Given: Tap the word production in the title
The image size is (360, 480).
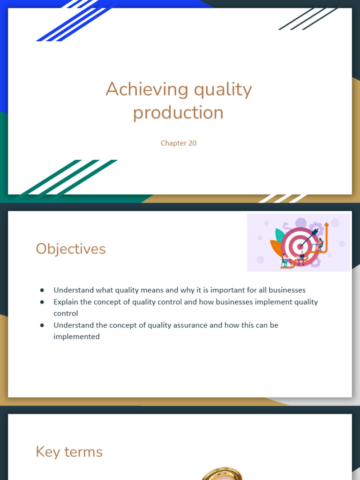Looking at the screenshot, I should click(x=178, y=112).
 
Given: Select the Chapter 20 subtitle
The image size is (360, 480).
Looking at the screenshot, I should click(x=179, y=143).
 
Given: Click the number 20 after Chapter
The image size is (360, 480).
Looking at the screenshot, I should click(x=192, y=143).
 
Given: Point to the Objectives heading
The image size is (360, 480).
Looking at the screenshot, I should click(x=71, y=248).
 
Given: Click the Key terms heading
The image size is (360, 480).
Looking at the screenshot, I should click(x=69, y=452).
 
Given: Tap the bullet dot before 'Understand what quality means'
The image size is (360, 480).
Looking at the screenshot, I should click(x=42, y=290).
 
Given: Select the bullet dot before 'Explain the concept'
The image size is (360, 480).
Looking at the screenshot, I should click(x=42, y=302).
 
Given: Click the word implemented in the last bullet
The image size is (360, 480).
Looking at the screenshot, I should click(x=76, y=337).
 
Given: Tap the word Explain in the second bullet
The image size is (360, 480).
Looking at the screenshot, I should click(x=66, y=302).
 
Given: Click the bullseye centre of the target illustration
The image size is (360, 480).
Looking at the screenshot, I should click(x=300, y=247).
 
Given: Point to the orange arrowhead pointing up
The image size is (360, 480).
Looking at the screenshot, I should click(x=326, y=225).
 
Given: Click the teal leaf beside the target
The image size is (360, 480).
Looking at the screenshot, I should click(x=279, y=235).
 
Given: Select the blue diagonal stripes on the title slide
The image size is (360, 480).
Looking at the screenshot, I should click(x=75, y=21).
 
